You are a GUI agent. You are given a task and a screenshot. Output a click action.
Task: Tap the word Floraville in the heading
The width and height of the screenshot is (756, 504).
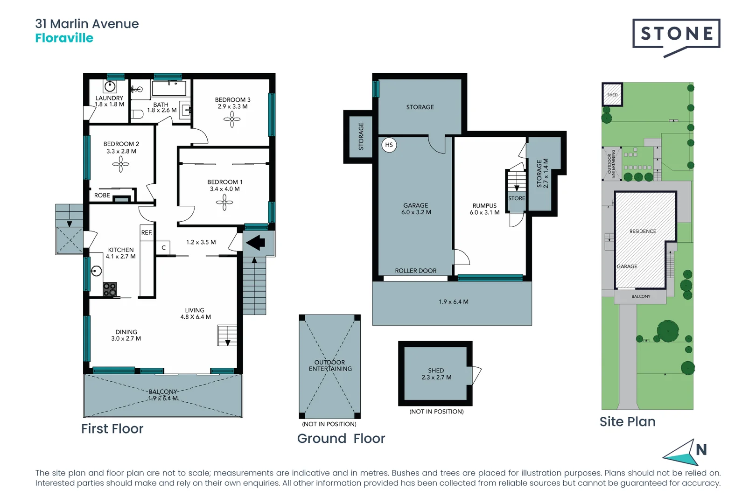pyautogui.click(x=64, y=38)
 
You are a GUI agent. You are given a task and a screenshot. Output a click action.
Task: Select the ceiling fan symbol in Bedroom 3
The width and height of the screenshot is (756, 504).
pyautogui.click(x=232, y=119)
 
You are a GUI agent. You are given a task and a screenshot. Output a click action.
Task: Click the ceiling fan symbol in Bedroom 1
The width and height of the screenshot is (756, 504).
pyautogui.click(x=224, y=203)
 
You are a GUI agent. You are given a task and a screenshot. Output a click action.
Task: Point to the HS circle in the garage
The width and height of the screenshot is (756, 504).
pyautogui.click(x=389, y=145)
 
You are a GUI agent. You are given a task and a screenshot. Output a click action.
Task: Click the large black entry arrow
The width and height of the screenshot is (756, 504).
pyautogui.click(x=255, y=243)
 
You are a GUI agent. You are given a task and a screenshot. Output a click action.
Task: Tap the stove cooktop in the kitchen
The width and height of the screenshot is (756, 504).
pyautogui.click(x=110, y=289)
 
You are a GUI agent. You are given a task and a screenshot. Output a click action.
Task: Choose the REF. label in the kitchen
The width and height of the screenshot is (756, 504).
pyautogui.click(x=147, y=232)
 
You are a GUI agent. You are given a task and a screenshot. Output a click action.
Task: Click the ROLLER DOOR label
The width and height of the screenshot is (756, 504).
pyautogui.click(x=415, y=271)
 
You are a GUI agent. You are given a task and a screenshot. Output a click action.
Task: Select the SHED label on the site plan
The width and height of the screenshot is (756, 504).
pyautogui.click(x=612, y=95)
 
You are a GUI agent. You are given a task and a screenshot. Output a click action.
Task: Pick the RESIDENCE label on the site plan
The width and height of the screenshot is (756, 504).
pyautogui.click(x=643, y=231)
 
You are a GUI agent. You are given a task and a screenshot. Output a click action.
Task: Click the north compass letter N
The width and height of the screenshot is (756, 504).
pyautogui.click(x=701, y=450)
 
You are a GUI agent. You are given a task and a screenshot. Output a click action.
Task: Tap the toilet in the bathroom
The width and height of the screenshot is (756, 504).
pyautogui.click(x=137, y=114)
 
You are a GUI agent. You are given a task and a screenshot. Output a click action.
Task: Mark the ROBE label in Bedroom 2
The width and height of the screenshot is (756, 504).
pyautogui.click(x=102, y=196)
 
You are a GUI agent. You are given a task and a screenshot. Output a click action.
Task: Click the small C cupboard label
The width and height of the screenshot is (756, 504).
pyautogui.click(x=164, y=248)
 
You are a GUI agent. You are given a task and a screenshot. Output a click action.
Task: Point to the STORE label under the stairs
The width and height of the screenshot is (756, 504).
pyautogui.click(x=517, y=198)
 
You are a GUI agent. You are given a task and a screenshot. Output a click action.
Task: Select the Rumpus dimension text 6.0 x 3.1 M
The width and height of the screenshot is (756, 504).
pyautogui.click(x=484, y=213)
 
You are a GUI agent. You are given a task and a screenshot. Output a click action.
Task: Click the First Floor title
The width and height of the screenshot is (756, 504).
pyautogui.click(x=112, y=429)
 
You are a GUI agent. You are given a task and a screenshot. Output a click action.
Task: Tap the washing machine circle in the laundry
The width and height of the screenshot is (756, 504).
pyautogui.click(x=110, y=86)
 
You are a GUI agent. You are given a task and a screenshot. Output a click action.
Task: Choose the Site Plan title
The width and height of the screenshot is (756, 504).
pyautogui.click(x=627, y=422)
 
